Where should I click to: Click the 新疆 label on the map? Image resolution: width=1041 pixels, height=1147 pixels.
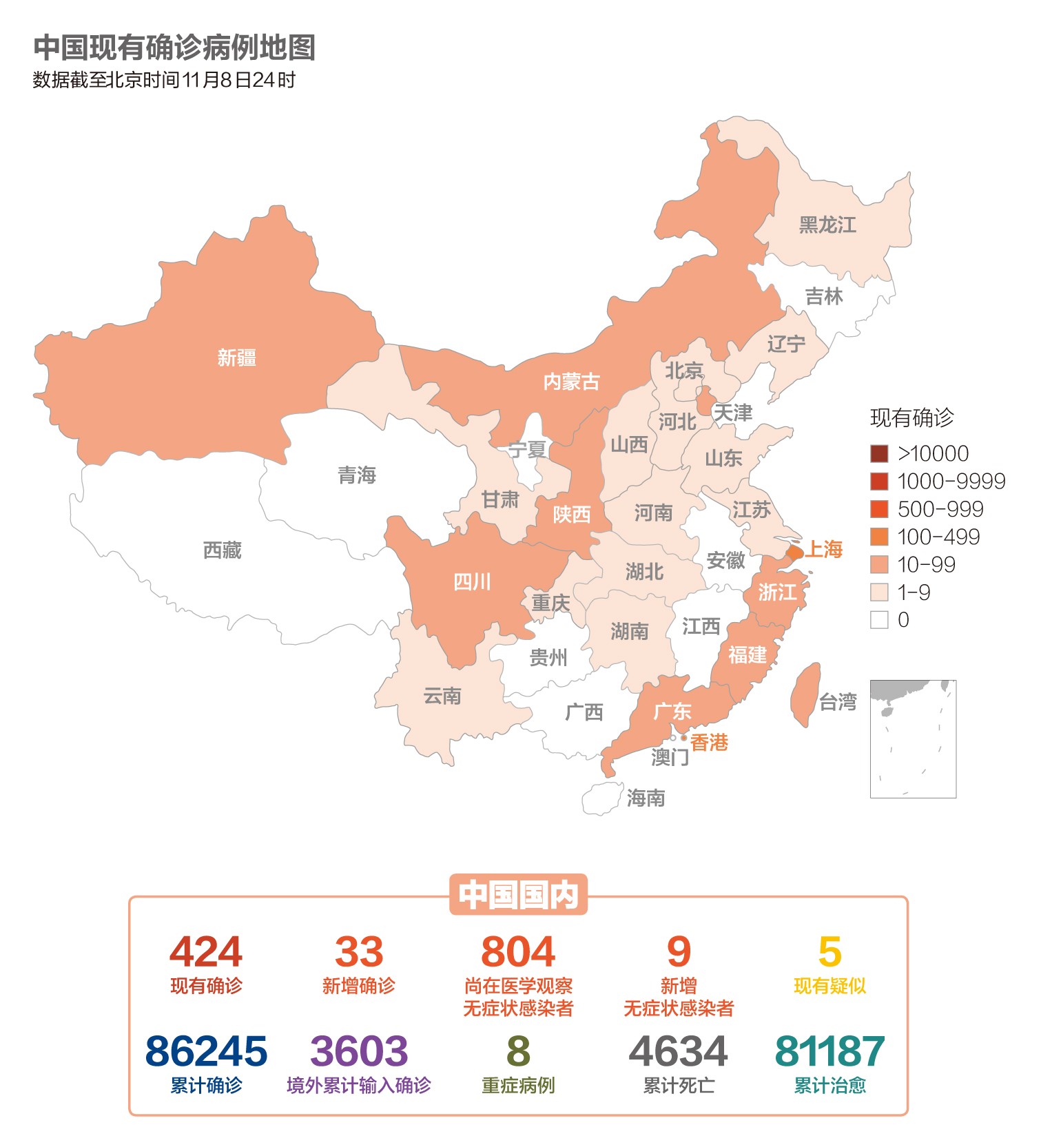tap(236, 358)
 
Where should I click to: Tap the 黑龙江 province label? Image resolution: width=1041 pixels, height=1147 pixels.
tap(827, 225)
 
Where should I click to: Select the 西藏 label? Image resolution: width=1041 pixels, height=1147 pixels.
tap(222, 550)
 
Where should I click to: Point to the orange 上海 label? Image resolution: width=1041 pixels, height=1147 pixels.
tap(825, 549)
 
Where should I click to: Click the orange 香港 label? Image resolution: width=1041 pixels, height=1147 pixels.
tap(709, 742)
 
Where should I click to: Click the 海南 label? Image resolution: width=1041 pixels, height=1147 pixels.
tap(646, 798)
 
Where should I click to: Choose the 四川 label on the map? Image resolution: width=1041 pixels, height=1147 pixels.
tap(473, 582)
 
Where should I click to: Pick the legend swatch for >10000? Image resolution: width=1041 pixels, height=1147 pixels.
tap(879, 453)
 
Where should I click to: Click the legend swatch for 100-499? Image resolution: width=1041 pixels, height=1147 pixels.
tap(879, 537)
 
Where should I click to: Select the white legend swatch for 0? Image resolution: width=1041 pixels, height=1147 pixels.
tap(879, 619)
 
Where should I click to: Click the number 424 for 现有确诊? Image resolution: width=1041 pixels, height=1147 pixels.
tap(206, 952)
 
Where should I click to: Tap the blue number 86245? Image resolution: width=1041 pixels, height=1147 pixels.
tap(206, 1051)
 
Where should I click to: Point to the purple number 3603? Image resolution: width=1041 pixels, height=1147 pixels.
tap(359, 1051)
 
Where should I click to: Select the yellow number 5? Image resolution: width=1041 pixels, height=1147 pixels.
tap(829, 952)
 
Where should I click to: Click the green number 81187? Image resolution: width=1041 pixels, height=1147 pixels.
tap(829, 1051)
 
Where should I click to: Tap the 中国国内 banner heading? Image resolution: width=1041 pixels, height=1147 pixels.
tap(518, 894)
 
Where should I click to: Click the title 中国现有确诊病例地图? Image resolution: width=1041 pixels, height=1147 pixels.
tap(174, 48)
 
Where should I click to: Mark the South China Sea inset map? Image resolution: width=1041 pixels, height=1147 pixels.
tap(913, 738)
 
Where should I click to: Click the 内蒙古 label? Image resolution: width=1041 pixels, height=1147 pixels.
tap(571, 381)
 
